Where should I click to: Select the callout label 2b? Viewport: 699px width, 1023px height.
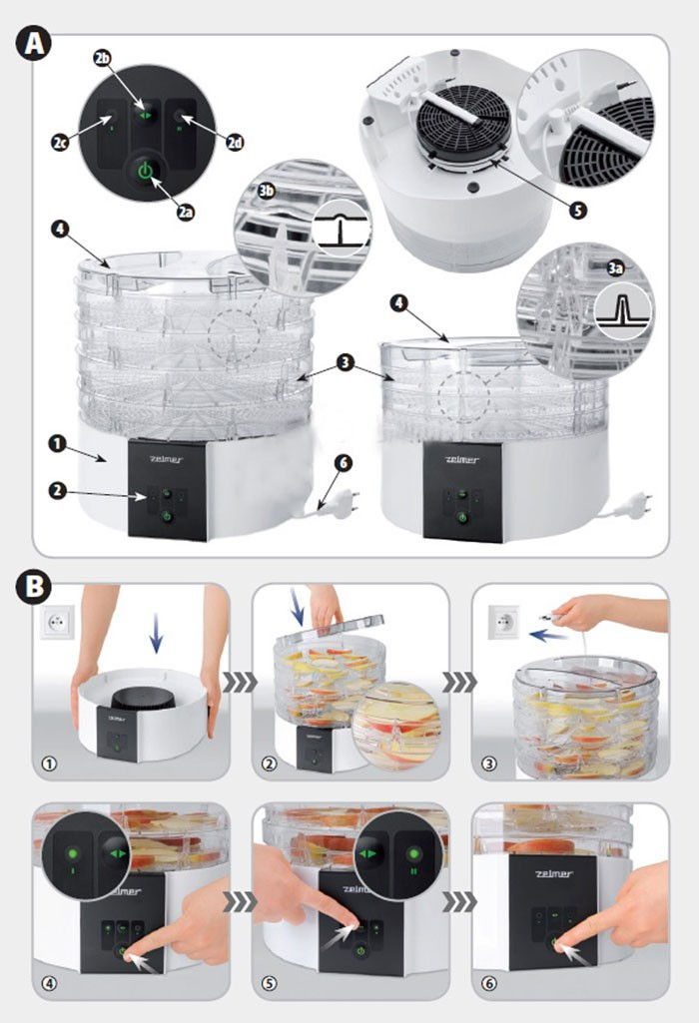tap(102, 58)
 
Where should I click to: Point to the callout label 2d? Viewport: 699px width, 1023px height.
tap(235, 143)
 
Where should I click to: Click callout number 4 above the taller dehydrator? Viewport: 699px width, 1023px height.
tap(62, 231)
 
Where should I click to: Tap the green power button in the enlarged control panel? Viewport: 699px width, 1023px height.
tap(146, 172)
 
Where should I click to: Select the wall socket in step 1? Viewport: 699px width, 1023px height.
tap(55, 625)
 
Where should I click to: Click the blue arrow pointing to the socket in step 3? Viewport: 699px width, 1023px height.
tap(541, 634)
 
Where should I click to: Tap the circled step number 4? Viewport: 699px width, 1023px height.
tap(45, 983)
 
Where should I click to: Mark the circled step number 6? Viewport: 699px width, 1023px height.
tap(488, 983)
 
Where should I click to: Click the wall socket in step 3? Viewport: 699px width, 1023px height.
tap(503, 624)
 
